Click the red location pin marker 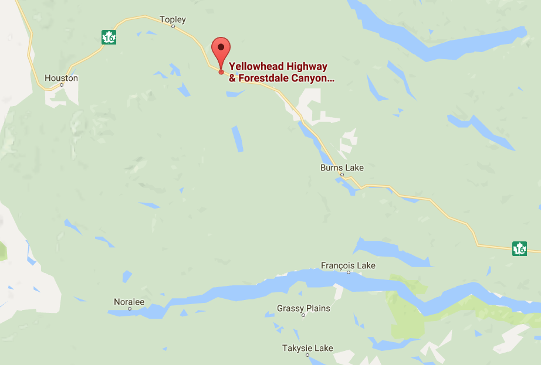tap(221, 49)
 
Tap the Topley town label tap(173, 20)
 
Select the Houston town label tap(61, 78)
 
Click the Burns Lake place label tap(341, 168)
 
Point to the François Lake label tap(348, 265)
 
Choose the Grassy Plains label tap(303, 308)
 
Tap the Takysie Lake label tap(307, 348)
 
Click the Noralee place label tap(129, 302)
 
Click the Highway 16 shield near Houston tap(108, 37)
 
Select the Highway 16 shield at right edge tap(519, 248)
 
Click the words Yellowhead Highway tap(278, 67)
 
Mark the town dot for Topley tap(173, 26)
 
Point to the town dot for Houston tap(62, 85)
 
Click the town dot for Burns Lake tap(341, 174)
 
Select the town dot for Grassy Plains tap(303, 315)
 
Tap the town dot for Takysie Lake tap(307, 355)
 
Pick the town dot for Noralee tap(129, 309)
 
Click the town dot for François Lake tap(349, 272)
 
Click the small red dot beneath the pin tap(221, 72)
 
